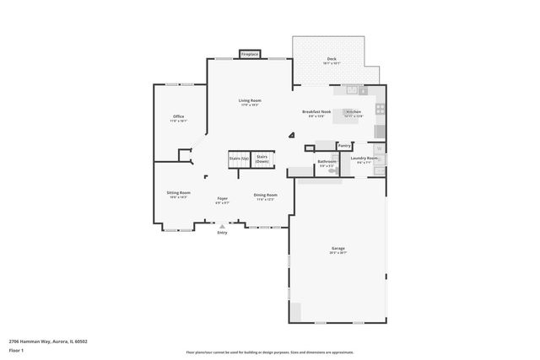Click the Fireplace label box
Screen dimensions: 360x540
250,54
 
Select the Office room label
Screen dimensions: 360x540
178,116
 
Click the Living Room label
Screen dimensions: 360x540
250,101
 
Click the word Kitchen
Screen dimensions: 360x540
354,111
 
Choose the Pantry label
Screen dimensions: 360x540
344,145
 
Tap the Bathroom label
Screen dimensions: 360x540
327,161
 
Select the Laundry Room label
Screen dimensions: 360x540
363,159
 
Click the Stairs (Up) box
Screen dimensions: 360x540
239,159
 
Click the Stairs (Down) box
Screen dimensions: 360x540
262,159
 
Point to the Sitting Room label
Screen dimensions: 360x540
178,193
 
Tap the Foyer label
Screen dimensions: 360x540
222,199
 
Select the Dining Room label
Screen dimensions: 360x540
264,196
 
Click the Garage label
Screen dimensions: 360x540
337,249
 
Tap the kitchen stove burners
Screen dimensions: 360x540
380,109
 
